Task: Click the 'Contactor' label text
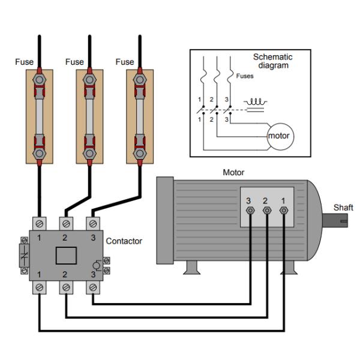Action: click(x=124, y=241)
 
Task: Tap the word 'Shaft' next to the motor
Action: click(x=343, y=208)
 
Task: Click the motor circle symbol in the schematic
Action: click(x=278, y=136)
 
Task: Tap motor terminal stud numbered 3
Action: click(x=250, y=211)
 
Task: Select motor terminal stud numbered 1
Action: click(x=284, y=211)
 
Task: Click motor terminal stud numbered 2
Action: click(x=267, y=211)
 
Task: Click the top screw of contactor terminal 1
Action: click(x=40, y=224)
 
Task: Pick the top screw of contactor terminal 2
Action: click(x=66, y=224)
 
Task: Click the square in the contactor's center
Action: click(x=66, y=255)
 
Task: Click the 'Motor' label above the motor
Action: click(x=233, y=173)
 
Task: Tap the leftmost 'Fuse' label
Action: click(x=24, y=62)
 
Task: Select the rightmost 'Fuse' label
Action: click(x=124, y=62)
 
